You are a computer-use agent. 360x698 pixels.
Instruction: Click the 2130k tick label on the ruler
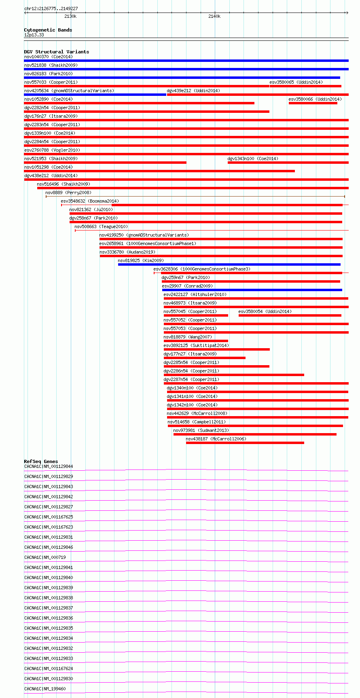(70, 16)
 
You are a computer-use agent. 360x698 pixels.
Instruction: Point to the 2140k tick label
(214, 16)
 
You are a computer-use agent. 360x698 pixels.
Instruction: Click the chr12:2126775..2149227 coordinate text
(51, 8)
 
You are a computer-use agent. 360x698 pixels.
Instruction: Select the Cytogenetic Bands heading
(48, 30)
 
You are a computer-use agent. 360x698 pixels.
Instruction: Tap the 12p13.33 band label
(34, 35)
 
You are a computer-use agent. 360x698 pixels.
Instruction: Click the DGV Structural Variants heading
(57, 52)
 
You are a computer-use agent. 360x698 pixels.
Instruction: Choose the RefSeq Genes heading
(41, 461)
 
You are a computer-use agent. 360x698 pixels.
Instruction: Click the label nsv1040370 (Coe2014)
(49, 57)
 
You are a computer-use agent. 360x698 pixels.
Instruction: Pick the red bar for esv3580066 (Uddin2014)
(313, 103)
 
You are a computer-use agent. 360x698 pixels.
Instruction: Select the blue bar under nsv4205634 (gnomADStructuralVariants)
(95, 95)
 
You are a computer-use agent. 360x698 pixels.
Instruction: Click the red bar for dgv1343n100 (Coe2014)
(288, 163)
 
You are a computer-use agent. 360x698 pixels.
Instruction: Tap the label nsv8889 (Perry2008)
(68, 192)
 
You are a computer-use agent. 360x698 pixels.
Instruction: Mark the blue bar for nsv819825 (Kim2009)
(229, 264)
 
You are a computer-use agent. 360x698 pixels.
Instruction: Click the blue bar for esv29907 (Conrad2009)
(252, 290)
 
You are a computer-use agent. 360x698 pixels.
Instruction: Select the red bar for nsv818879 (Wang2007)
(196, 341)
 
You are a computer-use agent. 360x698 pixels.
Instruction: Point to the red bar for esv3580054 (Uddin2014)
(290, 315)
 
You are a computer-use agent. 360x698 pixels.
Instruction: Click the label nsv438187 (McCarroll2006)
(216, 439)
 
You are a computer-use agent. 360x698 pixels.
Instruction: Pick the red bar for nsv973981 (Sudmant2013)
(255, 434)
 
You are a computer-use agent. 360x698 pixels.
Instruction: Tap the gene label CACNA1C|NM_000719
(45, 557)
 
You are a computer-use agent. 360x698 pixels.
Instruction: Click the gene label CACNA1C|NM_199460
(45, 689)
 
